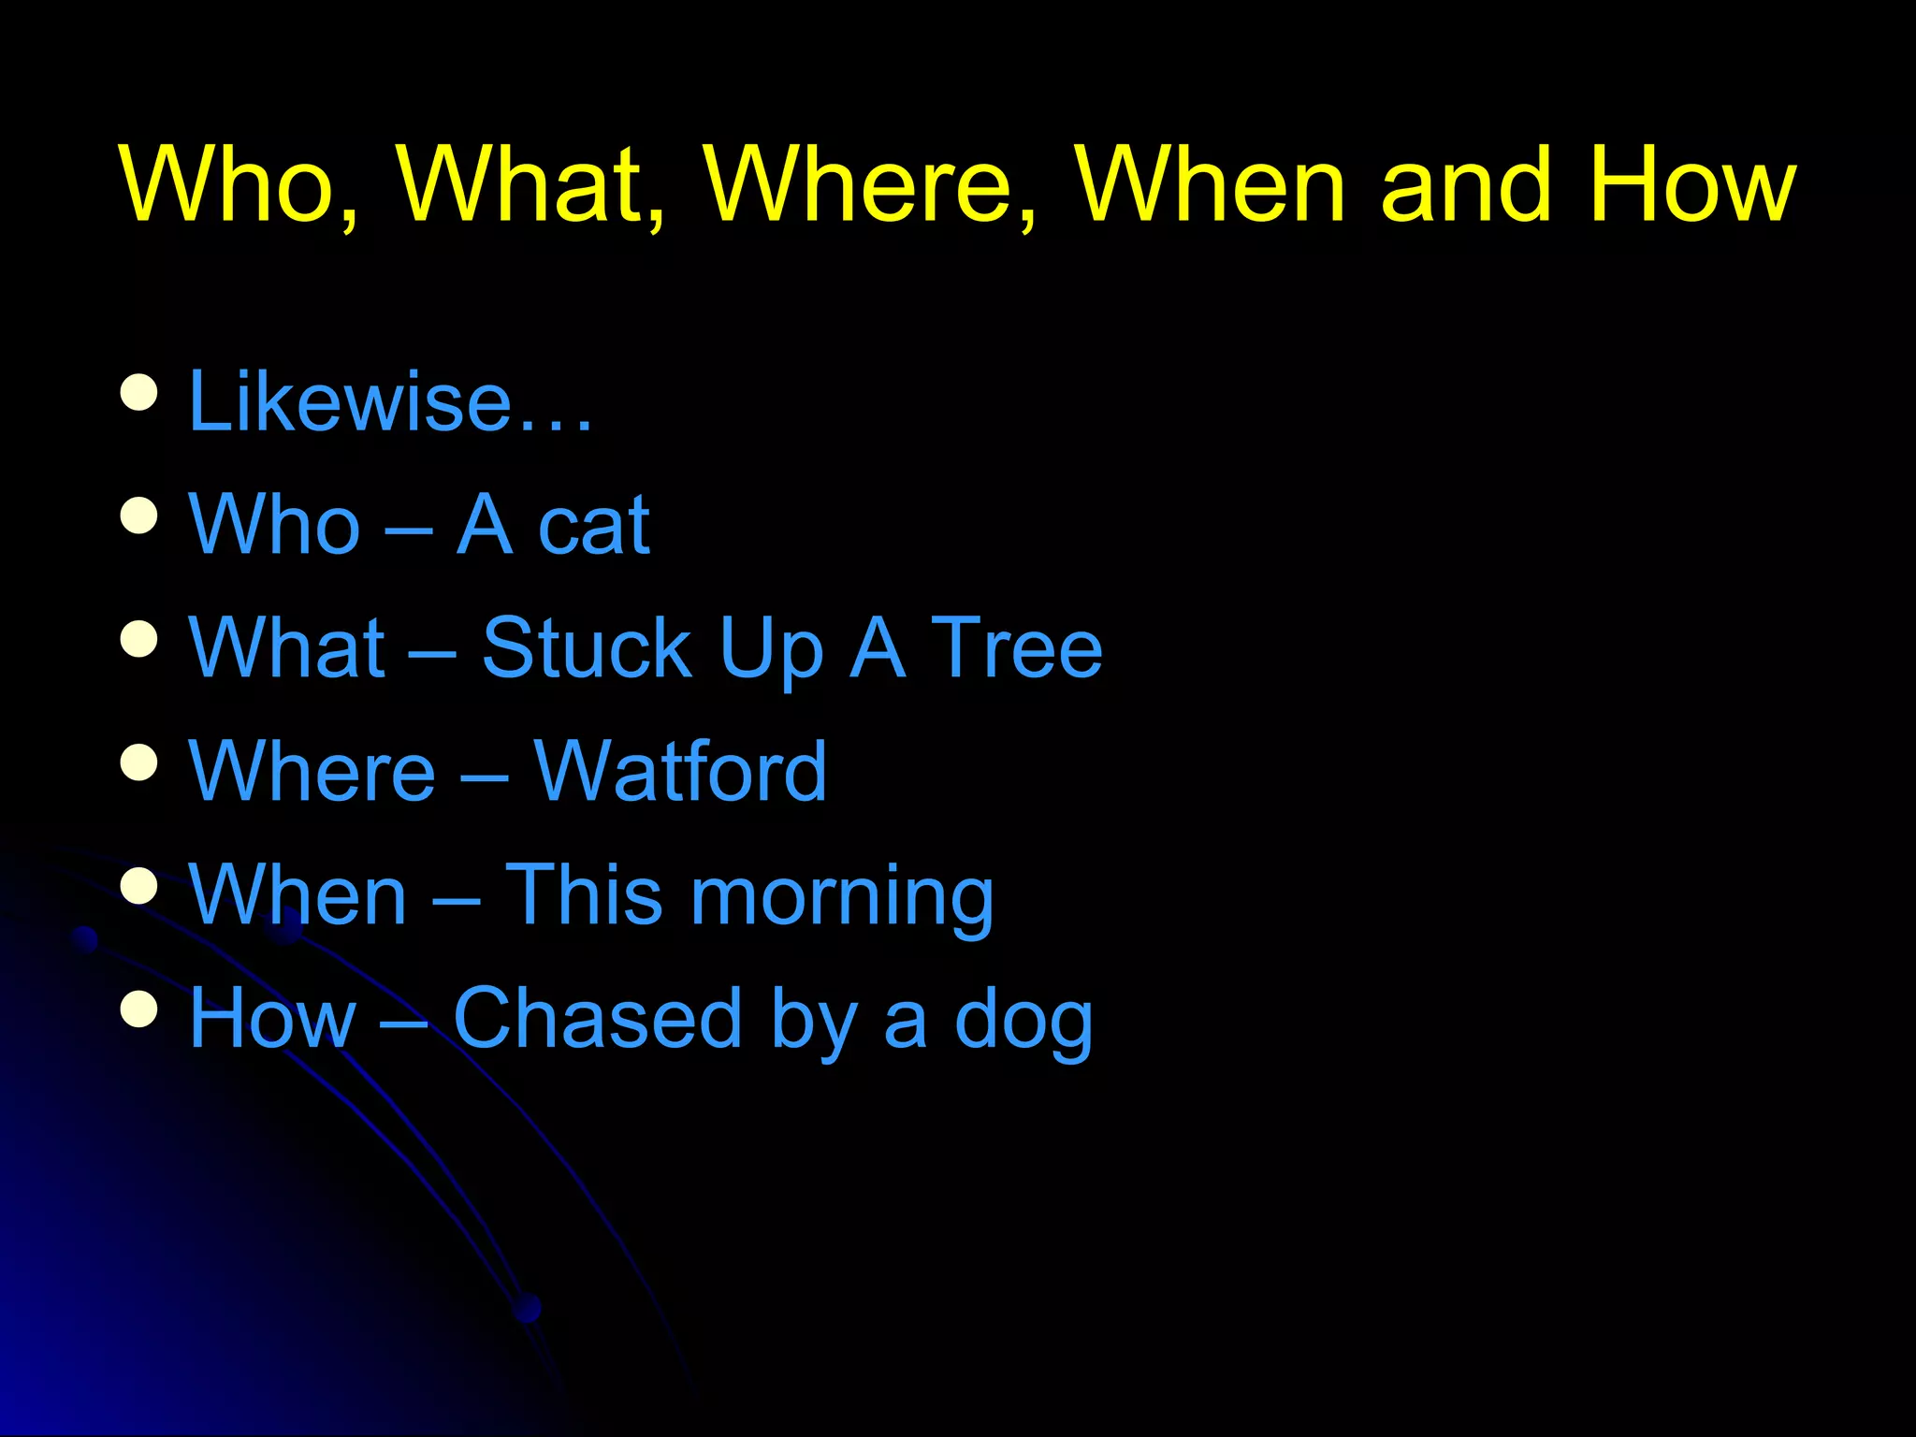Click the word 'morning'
click(x=842, y=896)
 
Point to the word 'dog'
click(x=1023, y=1022)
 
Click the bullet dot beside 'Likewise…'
click(x=139, y=392)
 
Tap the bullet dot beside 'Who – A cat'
click(x=139, y=515)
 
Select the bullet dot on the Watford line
click(x=139, y=762)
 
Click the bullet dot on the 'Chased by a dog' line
click(x=139, y=1009)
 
